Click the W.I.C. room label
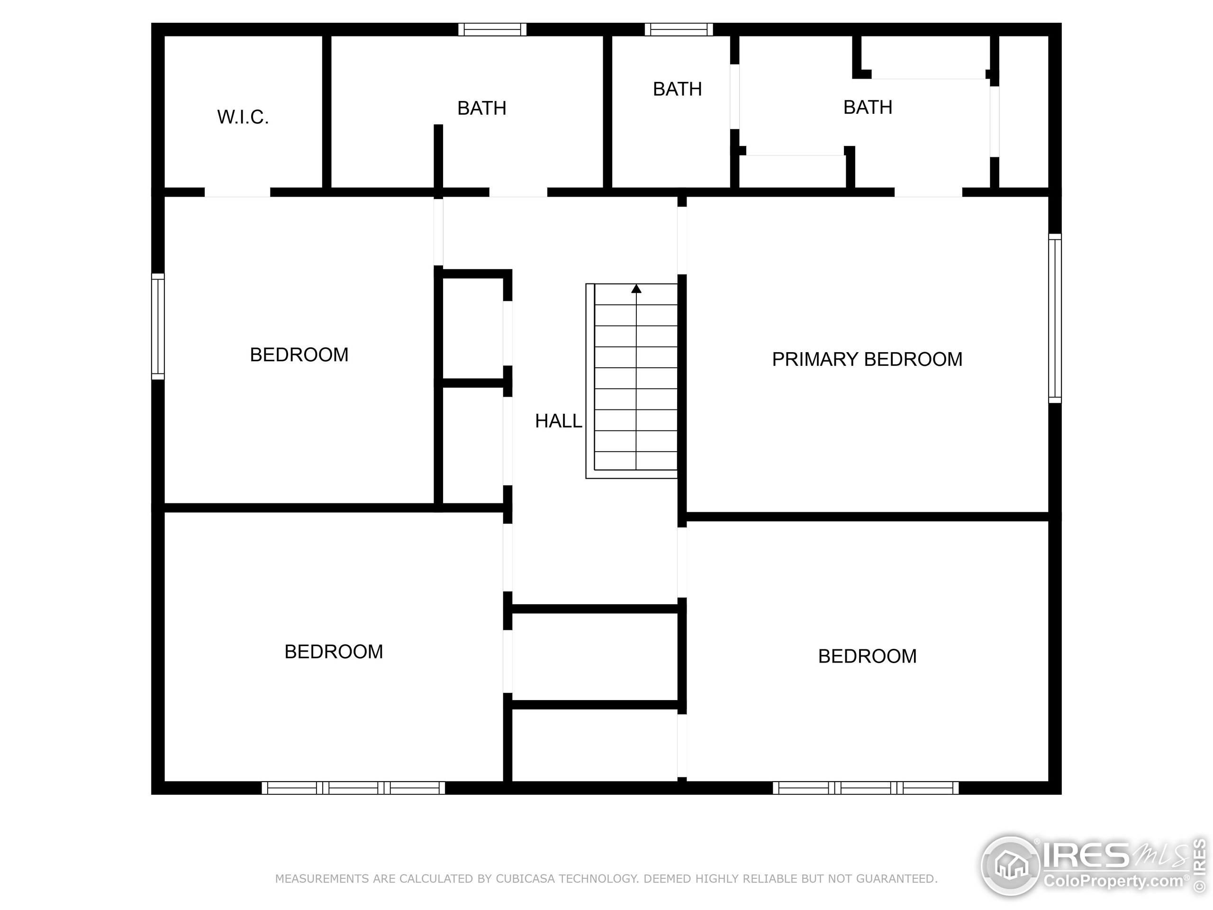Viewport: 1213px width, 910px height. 243,118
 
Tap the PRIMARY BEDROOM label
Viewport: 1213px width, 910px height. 867,359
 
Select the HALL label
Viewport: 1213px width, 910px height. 558,421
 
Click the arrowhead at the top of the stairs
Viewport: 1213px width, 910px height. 636,289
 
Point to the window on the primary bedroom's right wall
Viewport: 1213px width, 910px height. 1055,318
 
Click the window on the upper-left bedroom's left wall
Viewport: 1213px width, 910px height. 158,327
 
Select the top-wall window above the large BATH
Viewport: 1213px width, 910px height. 492,29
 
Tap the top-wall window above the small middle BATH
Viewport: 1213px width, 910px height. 679,29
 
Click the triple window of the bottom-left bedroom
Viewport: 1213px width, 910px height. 353,788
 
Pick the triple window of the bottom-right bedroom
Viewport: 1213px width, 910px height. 866,788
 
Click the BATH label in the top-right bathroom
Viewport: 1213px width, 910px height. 868,108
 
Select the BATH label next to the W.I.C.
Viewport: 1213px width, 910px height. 481,109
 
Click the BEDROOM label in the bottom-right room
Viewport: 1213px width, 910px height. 867,656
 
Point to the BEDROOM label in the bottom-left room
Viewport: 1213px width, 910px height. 334,652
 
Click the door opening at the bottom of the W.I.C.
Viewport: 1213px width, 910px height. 237,192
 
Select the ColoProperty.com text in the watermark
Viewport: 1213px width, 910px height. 1113,882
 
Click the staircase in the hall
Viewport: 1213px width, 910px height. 636,384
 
